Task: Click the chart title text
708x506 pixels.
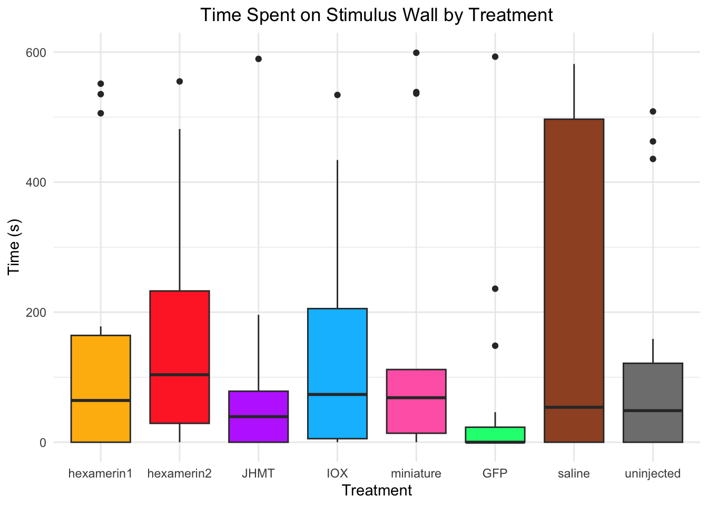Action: [x=377, y=15]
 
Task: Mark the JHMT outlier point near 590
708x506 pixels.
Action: [x=259, y=59]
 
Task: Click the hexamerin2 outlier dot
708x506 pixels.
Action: [x=180, y=82]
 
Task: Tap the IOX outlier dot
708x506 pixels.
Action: [x=338, y=95]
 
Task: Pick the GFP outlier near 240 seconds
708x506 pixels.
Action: [x=495, y=289]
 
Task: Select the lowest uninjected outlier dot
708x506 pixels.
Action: [x=653, y=159]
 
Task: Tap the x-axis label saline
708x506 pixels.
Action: [x=574, y=473]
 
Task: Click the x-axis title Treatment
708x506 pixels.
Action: [x=377, y=491]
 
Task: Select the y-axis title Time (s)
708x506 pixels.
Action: [x=14, y=247]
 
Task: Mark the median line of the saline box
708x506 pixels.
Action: [x=574, y=407]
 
